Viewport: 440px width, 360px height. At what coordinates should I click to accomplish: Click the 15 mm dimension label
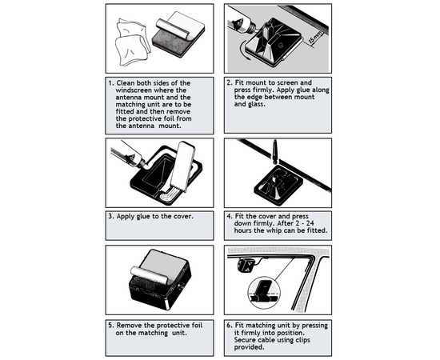pos(315,38)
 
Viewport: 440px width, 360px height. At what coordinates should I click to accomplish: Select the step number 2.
pos(230,82)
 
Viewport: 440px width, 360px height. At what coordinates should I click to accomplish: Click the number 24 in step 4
pos(310,224)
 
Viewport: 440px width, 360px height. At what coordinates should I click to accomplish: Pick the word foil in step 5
pos(197,326)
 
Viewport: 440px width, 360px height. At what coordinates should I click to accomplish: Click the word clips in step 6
pos(302,340)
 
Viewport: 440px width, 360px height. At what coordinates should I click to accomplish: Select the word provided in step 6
pos(250,347)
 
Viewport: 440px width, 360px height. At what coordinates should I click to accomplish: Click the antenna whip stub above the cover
pos(275,151)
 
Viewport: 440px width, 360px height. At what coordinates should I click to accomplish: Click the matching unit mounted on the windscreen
pos(246,265)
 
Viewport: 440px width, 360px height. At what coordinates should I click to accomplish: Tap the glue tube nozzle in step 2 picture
pos(256,27)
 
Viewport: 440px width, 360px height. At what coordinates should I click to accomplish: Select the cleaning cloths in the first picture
pos(132,42)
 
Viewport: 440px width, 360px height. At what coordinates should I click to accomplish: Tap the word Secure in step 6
pos(245,340)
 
